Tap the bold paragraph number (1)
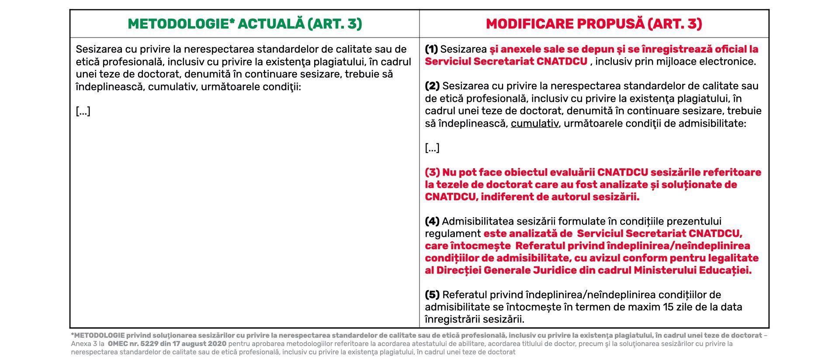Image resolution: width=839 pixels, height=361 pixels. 431,49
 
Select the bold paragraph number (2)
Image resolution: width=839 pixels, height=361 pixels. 432,86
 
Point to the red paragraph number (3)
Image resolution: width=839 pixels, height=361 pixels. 432,172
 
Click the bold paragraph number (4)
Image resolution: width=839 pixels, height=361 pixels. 432,221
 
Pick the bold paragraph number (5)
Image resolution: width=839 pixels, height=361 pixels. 432,295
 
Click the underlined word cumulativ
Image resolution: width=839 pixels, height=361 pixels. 534,123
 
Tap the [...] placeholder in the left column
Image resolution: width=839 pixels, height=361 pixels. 83,111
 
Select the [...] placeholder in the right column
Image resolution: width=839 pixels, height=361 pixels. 432,148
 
